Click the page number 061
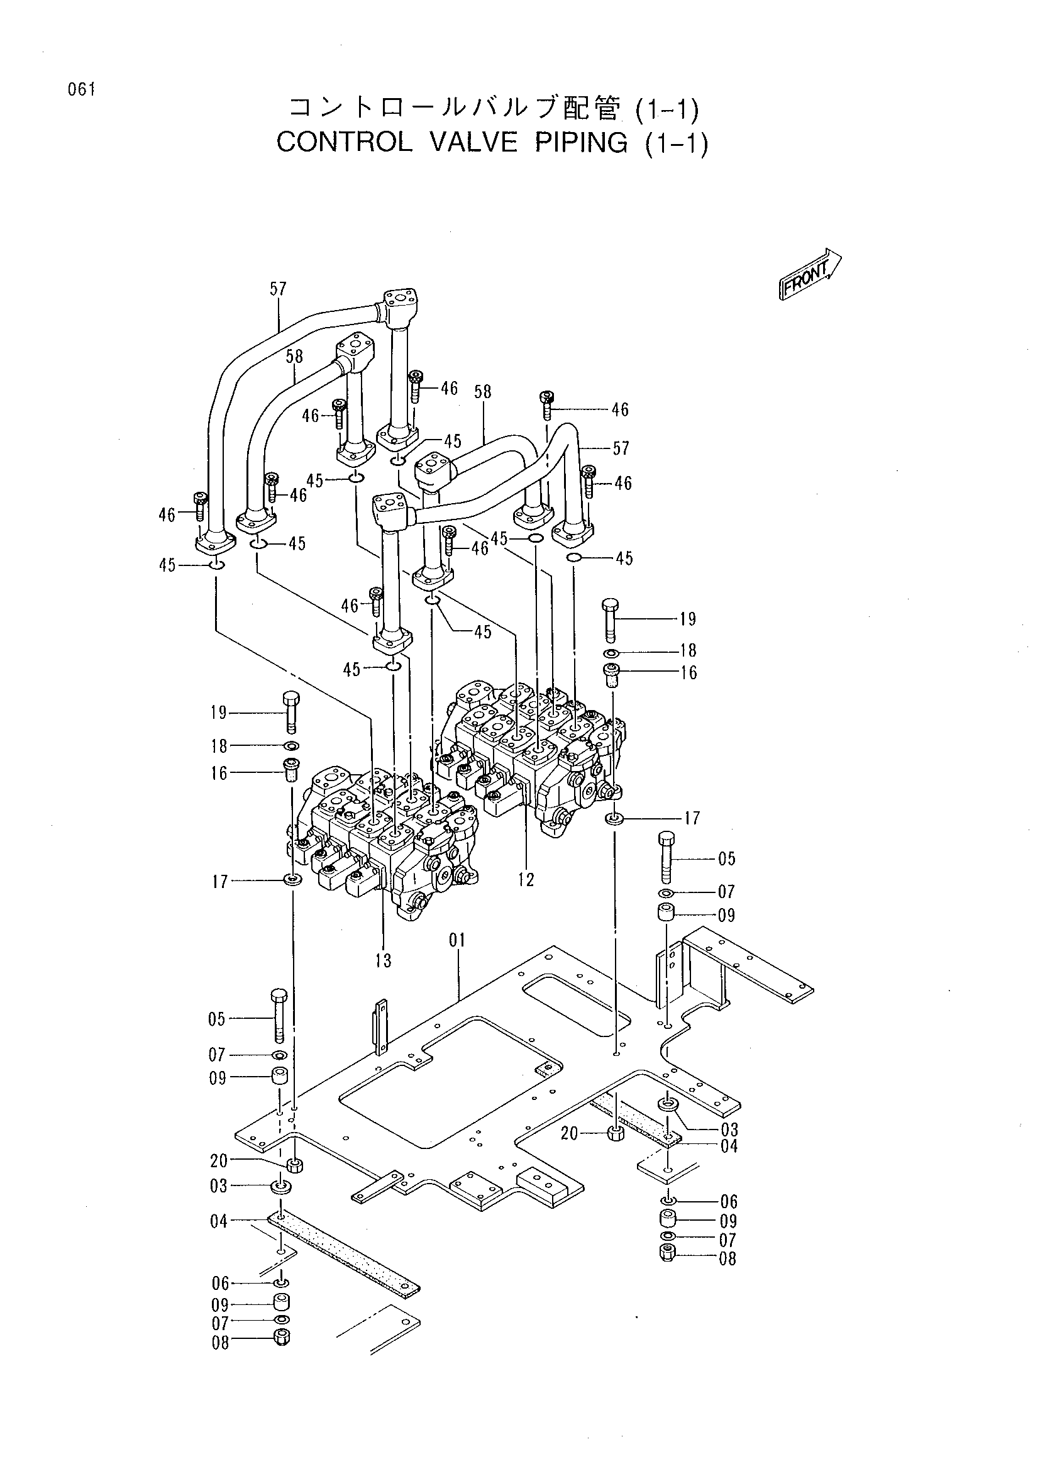[82, 90]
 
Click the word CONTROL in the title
[345, 142]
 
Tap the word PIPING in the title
[581, 142]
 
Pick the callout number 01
[457, 940]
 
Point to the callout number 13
[384, 960]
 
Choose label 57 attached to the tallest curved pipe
[278, 289]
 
